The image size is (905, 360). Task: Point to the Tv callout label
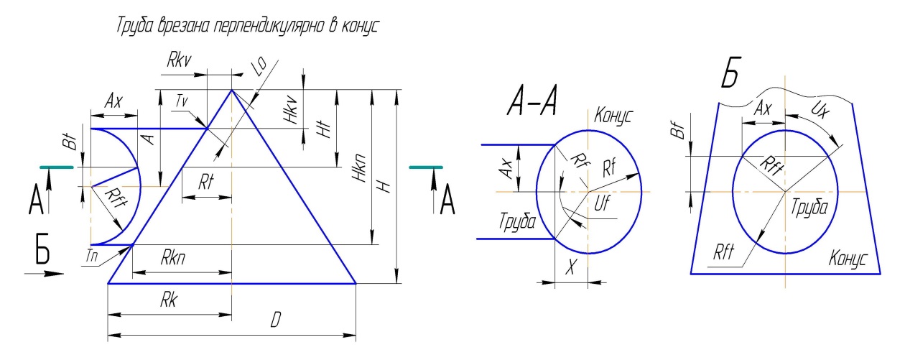[182, 103]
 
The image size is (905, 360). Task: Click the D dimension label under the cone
[274, 321]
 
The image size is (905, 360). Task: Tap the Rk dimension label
[168, 302]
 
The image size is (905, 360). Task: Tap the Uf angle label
[603, 206]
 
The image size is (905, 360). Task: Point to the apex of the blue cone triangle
[231, 90]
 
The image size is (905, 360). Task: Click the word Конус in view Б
[848, 257]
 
